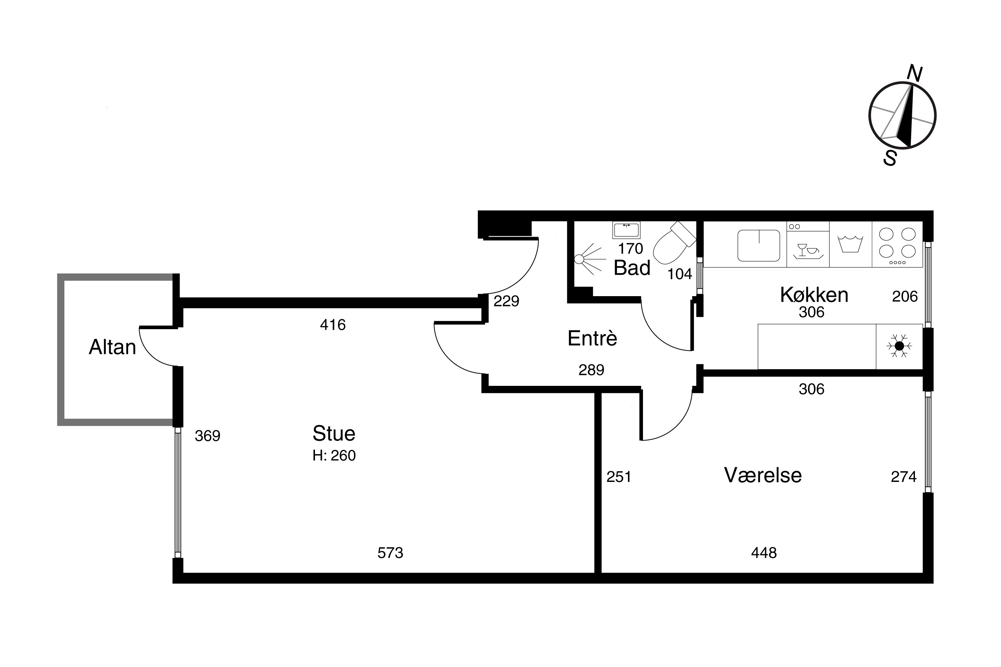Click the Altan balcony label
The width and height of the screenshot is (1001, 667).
tap(112, 347)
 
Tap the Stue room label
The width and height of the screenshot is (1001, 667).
tap(334, 434)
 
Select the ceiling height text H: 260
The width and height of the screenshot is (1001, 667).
tap(334, 456)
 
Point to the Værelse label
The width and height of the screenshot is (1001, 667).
tap(763, 475)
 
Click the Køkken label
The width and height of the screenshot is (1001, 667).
tap(814, 294)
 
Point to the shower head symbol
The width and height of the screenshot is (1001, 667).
tap(589, 259)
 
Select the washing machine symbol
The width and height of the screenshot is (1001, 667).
tap(850, 244)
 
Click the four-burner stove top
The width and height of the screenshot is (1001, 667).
tap(897, 245)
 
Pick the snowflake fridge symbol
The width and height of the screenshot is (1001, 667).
tap(899, 346)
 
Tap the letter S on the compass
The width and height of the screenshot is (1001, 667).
tap(890, 158)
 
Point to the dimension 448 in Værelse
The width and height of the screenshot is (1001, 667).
tap(764, 553)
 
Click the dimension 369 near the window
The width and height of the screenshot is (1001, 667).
tap(207, 436)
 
